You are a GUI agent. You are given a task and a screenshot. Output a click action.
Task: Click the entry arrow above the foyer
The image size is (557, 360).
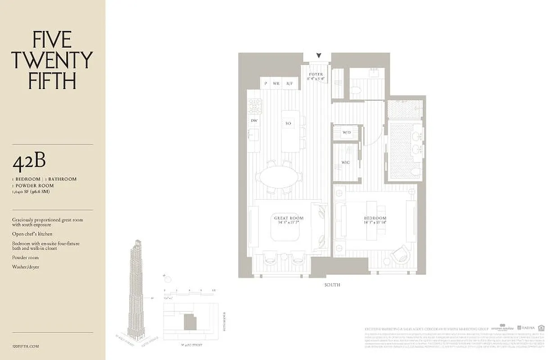[319, 56]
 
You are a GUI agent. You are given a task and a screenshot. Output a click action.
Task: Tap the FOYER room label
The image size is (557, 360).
[316, 75]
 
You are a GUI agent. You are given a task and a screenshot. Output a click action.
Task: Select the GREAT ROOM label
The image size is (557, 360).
[288, 218]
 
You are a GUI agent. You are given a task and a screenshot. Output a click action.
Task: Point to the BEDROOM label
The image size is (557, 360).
[375, 218]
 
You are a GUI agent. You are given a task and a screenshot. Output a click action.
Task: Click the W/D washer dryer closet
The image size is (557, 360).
[346, 133]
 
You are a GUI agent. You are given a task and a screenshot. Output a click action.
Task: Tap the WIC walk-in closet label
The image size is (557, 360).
[345, 162]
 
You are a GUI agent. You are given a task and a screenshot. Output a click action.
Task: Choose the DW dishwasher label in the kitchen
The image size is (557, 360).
[254, 121]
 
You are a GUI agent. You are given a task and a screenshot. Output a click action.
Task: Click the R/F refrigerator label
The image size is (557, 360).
[290, 83]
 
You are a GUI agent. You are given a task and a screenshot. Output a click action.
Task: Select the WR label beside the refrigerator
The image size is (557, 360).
[276, 83]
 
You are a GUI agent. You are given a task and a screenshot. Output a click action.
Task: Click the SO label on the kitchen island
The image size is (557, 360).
[288, 123]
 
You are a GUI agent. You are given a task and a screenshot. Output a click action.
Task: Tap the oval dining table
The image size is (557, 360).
[279, 177]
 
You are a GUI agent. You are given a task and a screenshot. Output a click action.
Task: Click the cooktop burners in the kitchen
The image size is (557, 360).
[255, 106]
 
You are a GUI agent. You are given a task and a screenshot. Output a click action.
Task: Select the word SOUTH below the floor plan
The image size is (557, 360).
[332, 285]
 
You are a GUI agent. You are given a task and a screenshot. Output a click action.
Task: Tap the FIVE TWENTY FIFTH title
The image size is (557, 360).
[52, 60]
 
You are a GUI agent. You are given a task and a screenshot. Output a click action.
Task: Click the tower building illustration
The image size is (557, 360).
[136, 288]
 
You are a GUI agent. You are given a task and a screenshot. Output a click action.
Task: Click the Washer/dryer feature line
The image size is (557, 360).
[25, 267]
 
